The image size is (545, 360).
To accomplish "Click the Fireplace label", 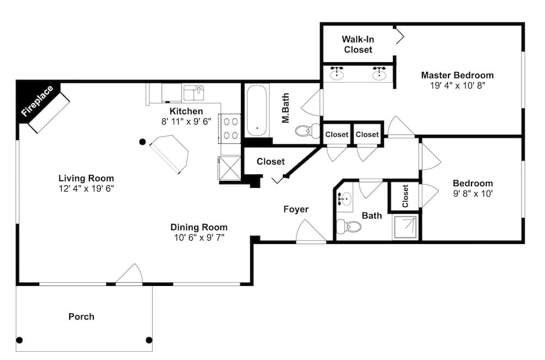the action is [x=37, y=101].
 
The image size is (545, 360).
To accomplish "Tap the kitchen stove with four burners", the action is [x=230, y=129].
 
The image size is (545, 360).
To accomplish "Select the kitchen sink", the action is [x=194, y=93].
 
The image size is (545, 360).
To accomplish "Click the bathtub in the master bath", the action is [x=257, y=111].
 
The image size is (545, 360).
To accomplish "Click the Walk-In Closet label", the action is [x=358, y=45].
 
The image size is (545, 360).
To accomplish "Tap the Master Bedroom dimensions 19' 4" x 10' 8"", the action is [x=457, y=86].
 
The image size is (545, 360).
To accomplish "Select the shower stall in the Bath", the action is [x=405, y=227].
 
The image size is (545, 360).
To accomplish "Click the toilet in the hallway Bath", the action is [x=349, y=227].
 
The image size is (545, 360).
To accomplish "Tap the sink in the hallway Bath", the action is [x=344, y=199].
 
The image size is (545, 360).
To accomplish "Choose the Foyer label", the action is [x=296, y=209].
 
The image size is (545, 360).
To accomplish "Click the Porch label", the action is [x=81, y=316].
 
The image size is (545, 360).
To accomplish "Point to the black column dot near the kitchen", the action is [x=142, y=142].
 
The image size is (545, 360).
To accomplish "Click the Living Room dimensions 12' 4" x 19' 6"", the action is [x=86, y=188].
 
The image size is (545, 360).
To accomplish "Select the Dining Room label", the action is [x=199, y=227].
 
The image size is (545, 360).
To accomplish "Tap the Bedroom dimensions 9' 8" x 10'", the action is [x=473, y=194].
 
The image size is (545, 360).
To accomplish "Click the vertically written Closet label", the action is [x=405, y=196].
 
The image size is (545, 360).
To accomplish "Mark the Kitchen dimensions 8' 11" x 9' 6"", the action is [x=186, y=121].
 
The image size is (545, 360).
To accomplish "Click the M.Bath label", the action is [x=286, y=108].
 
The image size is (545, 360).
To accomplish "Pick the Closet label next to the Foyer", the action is [x=270, y=162].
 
